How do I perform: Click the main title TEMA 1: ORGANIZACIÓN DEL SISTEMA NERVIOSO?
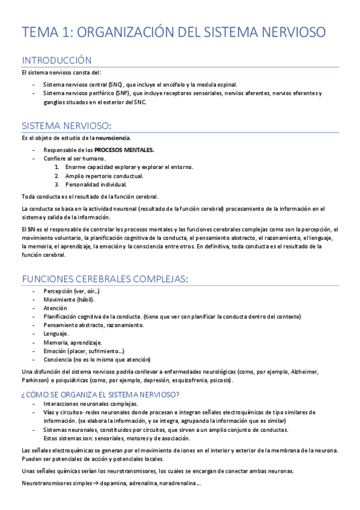[x=174, y=32]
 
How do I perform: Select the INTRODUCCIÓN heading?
[x=56, y=61]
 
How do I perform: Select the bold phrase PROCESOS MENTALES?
[x=124, y=150]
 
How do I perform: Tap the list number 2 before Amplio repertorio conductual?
[x=56, y=176]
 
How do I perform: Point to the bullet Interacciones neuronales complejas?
[x=91, y=404]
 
